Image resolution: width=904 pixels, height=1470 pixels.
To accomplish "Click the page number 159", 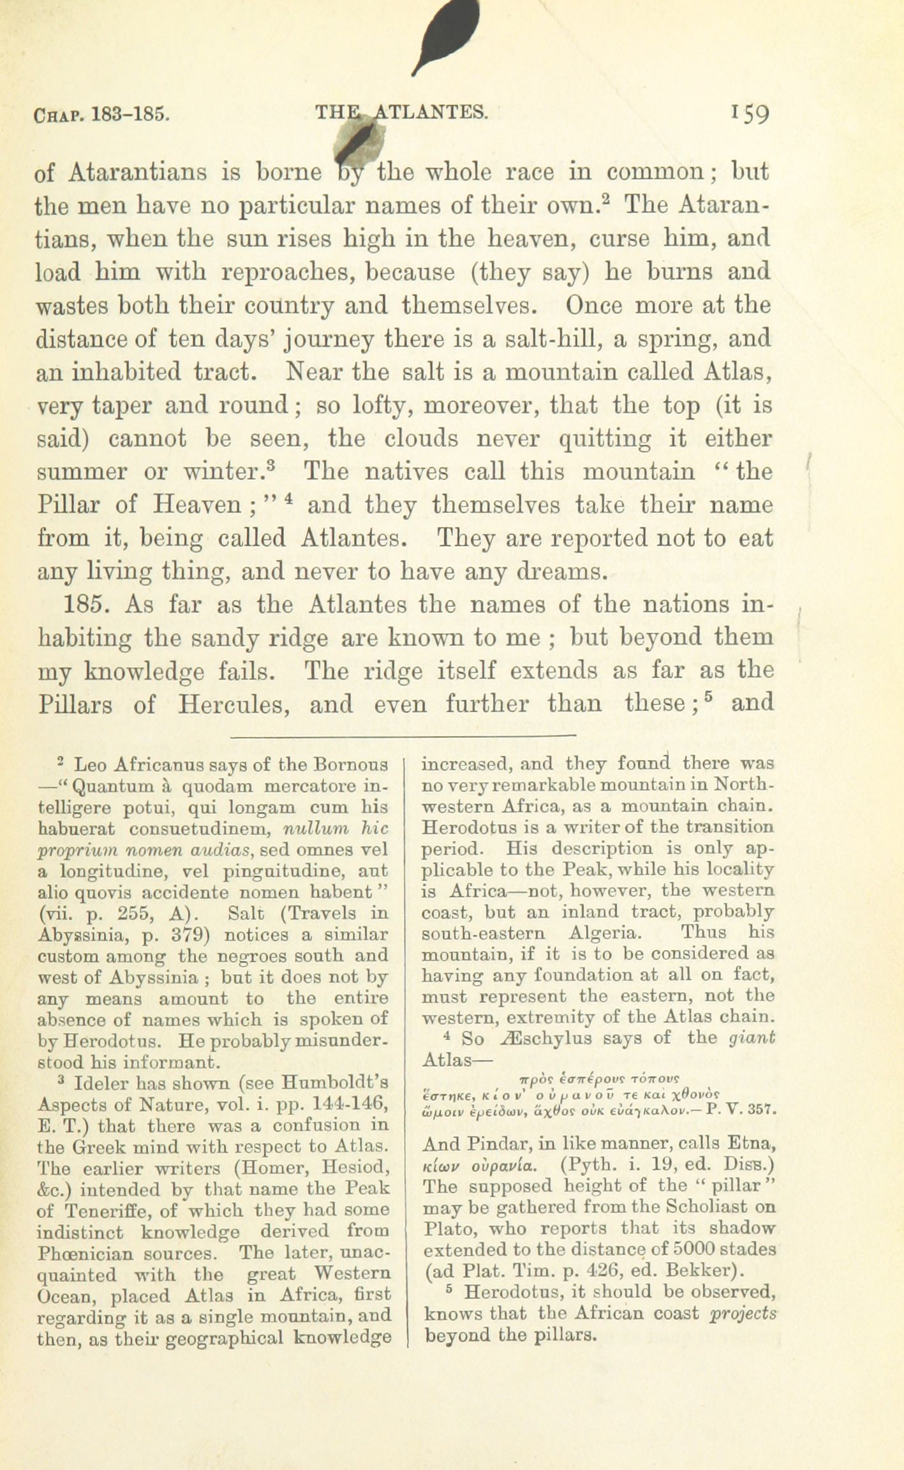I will pyautogui.click(x=752, y=114).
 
